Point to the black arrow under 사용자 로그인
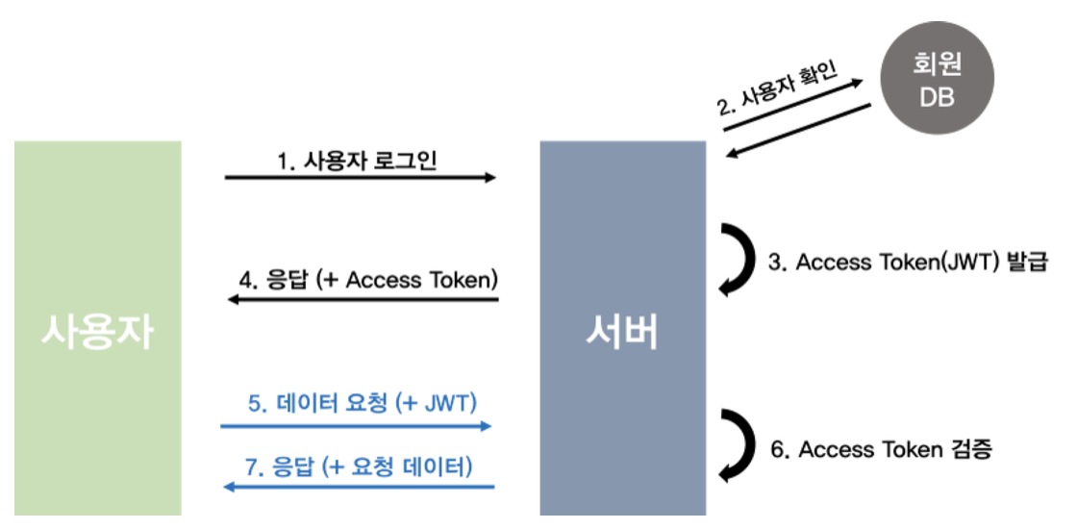pyautogui.click(x=360, y=178)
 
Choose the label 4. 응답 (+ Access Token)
pyautogui.click(x=367, y=280)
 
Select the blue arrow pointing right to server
pyautogui.click(x=356, y=425)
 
